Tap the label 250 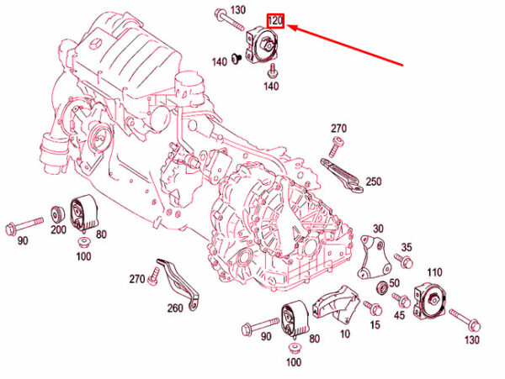pos(374,182)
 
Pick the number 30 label pos(378,229)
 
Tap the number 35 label pos(407,247)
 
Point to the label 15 pos(375,324)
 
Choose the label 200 pos(58,230)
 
